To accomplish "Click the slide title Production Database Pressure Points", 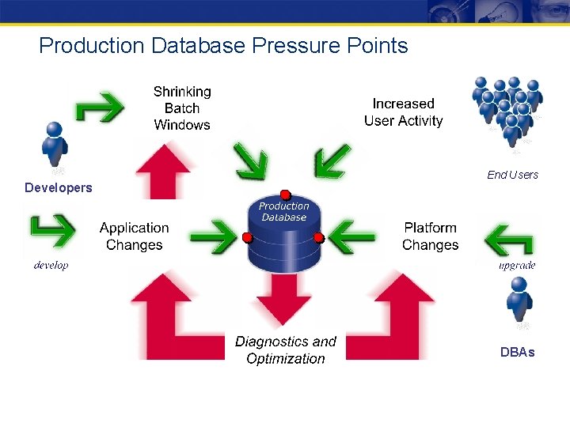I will pos(223,46).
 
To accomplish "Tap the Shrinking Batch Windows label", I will pos(182,108).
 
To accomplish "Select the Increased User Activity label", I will pos(403,112).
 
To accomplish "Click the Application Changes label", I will pos(134,236).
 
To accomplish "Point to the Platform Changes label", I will pos(430,236).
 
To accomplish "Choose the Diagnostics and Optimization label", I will pos(285,350).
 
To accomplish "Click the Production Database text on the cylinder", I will pos(283,211).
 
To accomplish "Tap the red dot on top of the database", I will pos(285,195).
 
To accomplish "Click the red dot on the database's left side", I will pos(247,237).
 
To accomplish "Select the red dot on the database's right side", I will pos(319,237).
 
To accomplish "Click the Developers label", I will pos(59,187).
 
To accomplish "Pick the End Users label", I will pos(512,175).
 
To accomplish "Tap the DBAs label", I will pos(517,352).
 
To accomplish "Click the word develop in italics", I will pos(51,265).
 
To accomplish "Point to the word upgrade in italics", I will pos(517,265).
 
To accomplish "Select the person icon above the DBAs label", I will pos(519,301).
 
